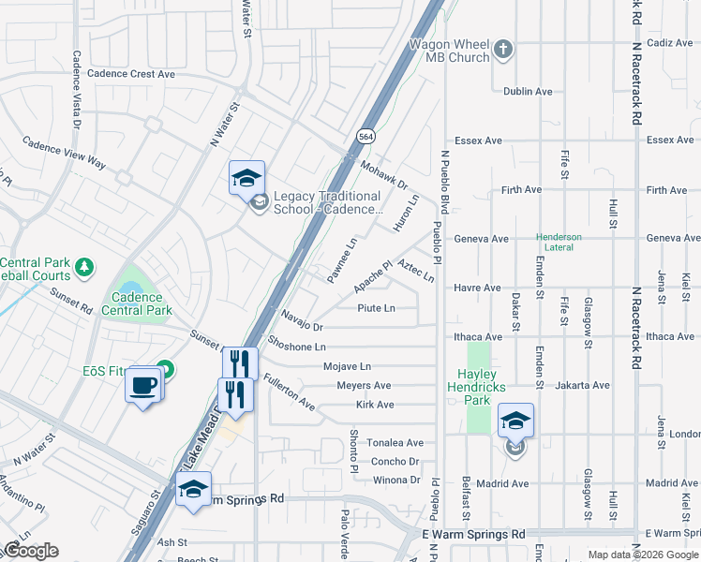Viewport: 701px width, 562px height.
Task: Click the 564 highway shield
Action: [x=366, y=136]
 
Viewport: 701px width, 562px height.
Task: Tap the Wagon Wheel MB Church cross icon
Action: [x=504, y=49]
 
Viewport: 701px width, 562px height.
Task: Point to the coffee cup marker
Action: [x=143, y=384]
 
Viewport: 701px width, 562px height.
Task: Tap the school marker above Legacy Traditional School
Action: [x=246, y=177]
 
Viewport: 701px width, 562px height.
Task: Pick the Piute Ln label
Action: [x=377, y=308]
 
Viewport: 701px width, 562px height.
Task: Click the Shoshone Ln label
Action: [x=296, y=347]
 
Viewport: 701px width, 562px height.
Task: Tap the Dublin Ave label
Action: [x=528, y=92]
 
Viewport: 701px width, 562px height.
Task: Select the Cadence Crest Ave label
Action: [x=130, y=73]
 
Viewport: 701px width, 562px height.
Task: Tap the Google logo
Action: [x=30, y=551]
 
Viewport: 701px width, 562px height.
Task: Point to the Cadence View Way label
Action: [x=64, y=154]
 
